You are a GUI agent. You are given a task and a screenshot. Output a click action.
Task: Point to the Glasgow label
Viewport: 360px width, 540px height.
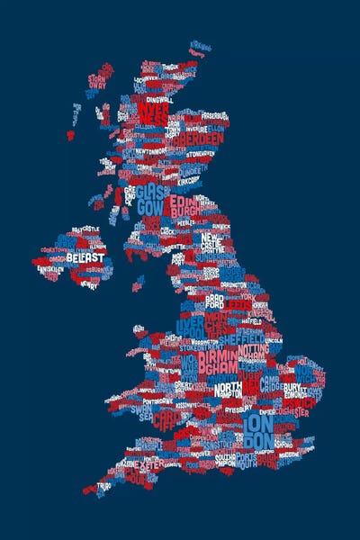(x=149, y=200)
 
